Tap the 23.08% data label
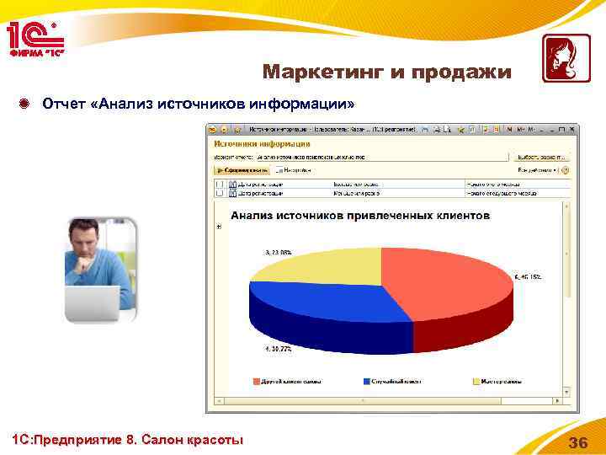[x=278, y=252]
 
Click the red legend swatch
[x=258, y=381]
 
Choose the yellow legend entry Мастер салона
[x=501, y=381]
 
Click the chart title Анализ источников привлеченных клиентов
[x=360, y=216]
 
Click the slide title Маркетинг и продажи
[x=386, y=72]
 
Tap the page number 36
[x=578, y=443]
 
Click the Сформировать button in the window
[x=239, y=169]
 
